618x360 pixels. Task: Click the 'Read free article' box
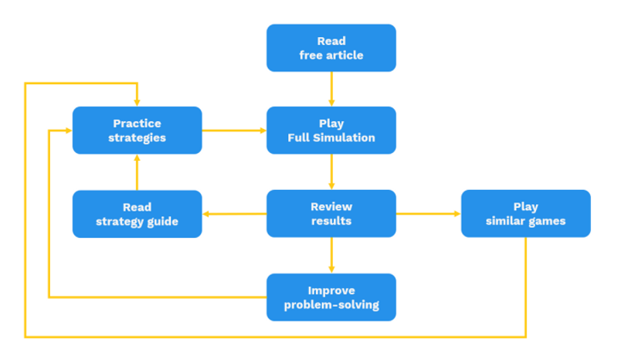(x=331, y=48)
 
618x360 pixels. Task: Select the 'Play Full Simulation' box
(x=331, y=131)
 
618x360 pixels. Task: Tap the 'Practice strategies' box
(x=137, y=131)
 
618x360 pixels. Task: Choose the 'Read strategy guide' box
(x=137, y=214)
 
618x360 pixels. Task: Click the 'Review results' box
(x=331, y=214)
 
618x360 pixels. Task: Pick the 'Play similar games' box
(x=525, y=214)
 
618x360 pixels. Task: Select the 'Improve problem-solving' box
(x=331, y=297)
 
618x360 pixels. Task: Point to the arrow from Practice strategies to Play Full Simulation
(x=234, y=131)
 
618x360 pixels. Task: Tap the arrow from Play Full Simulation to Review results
(x=331, y=172)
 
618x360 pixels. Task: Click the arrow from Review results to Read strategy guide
(x=234, y=214)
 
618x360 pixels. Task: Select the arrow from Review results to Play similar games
(x=428, y=214)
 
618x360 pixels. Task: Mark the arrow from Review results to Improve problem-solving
(x=331, y=255)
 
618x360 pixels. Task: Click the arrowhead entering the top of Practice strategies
(x=137, y=102)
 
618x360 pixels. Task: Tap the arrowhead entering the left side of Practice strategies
(x=67, y=131)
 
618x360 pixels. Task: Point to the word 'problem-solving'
(x=331, y=305)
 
